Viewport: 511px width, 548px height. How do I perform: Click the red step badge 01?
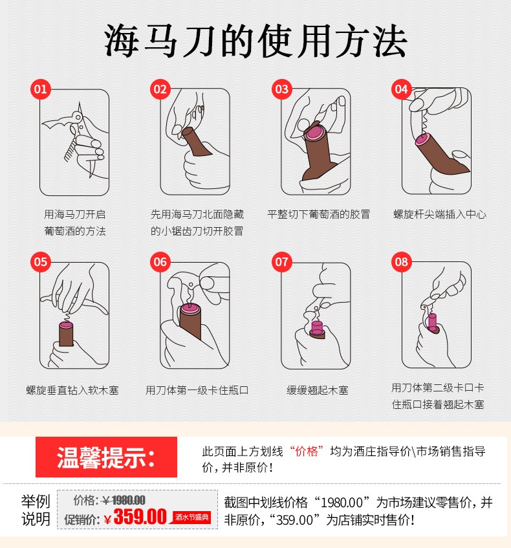(41, 89)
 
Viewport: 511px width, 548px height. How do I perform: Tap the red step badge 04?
(401, 89)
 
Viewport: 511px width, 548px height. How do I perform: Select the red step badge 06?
(160, 262)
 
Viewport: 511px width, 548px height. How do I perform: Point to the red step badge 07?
(282, 262)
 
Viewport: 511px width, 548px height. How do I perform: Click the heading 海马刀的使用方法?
(255, 41)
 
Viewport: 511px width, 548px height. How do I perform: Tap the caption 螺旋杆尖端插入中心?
(440, 214)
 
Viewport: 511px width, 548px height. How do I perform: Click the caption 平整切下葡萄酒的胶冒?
(318, 214)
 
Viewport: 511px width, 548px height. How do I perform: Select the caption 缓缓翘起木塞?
(318, 390)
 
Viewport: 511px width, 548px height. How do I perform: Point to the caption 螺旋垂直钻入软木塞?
(72, 390)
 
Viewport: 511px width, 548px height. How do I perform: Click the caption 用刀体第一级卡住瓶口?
(197, 390)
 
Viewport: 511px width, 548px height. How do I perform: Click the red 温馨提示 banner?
(106, 457)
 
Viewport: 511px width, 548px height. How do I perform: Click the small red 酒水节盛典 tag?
(191, 517)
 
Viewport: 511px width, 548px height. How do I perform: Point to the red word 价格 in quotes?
(307, 451)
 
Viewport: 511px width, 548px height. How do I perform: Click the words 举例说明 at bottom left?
(36, 510)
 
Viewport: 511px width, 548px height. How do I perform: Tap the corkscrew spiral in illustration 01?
(71, 149)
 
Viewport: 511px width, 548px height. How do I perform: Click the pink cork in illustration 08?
(433, 323)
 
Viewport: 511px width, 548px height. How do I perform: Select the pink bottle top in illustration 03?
(314, 133)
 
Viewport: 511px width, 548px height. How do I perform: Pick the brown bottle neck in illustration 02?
(197, 141)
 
